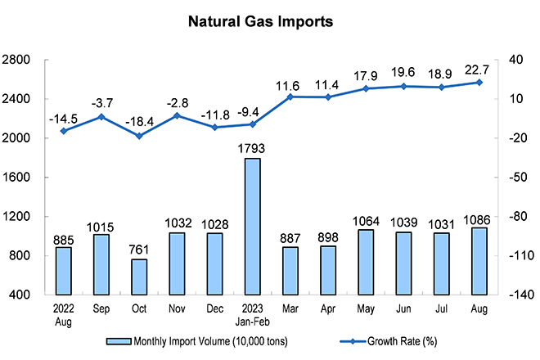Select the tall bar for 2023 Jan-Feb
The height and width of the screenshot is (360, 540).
pyautogui.click(x=252, y=226)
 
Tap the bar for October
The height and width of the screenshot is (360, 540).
pyautogui.click(x=140, y=277)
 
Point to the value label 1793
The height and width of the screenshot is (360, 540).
pyautogui.click(x=253, y=149)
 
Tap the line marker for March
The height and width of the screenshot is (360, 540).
pyautogui.click(x=290, y=97)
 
